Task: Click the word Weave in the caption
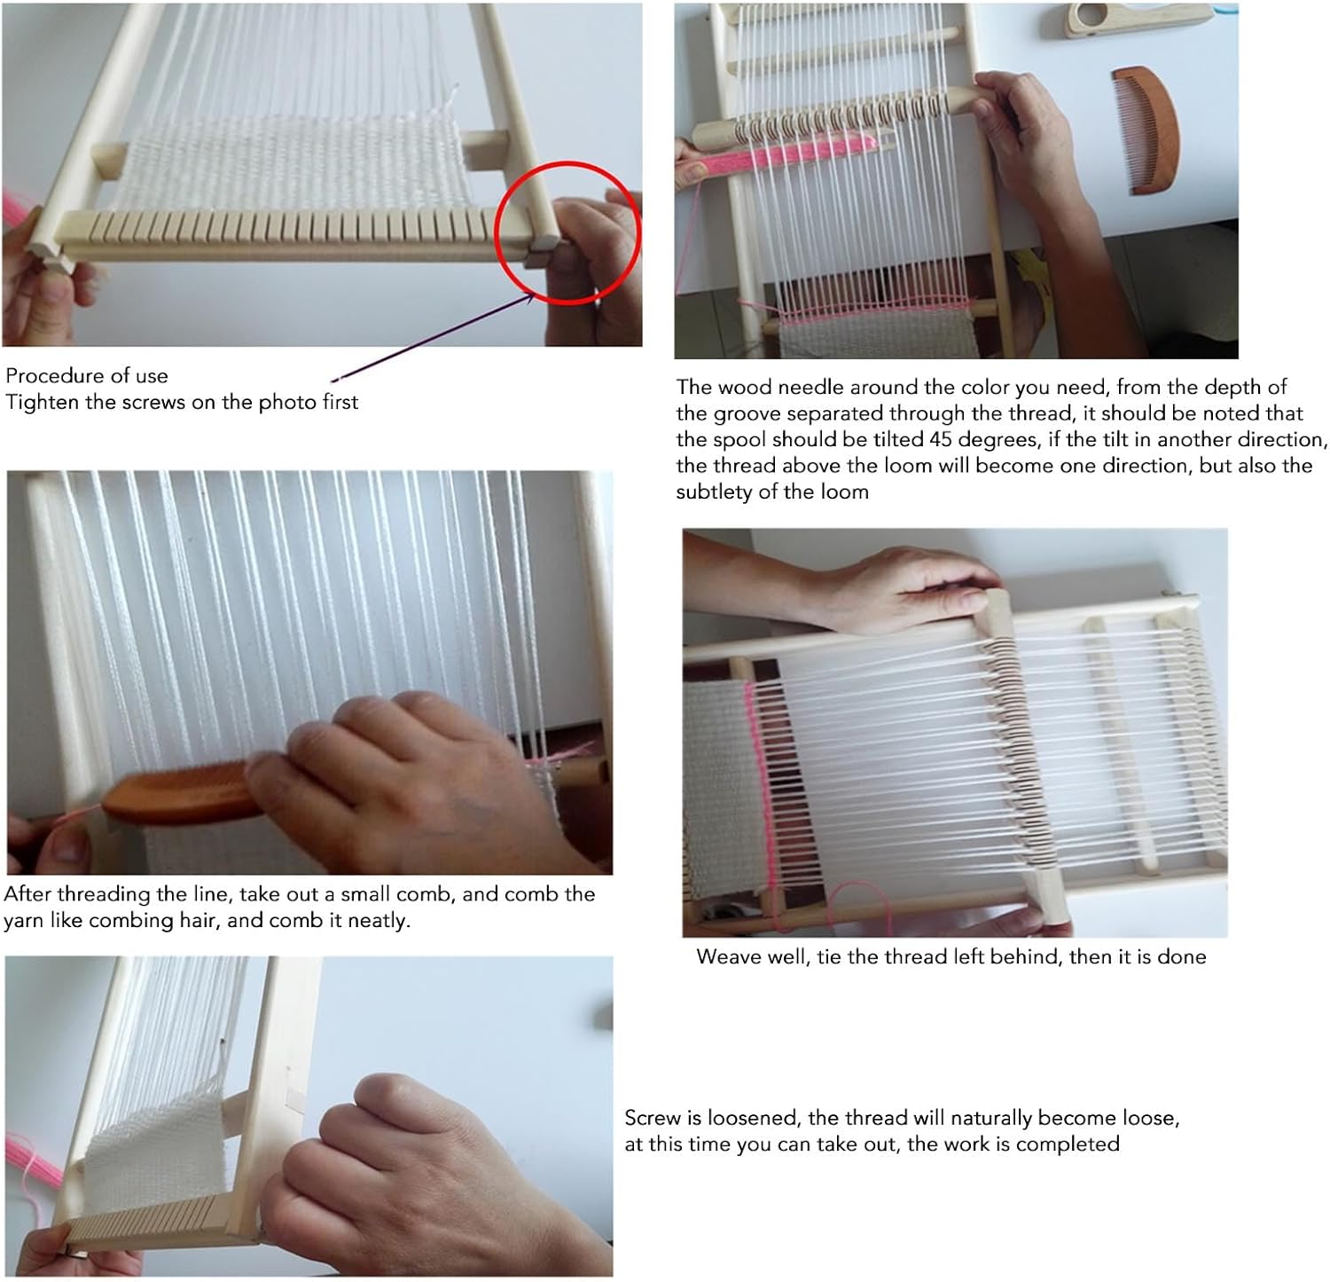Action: [x=728, y=956]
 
